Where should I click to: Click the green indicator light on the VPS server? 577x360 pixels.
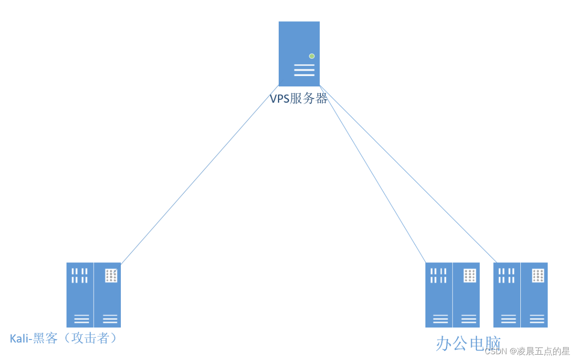pos(312,56)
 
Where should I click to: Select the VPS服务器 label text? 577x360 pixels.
pos(299,98)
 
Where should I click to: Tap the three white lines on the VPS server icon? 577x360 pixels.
pos(304,70)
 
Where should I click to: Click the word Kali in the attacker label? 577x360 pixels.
pos(20,339)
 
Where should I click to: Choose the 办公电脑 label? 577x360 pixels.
pos(468,344)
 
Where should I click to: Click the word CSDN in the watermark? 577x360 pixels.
pos(495,351)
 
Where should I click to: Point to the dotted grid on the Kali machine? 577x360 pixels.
pos(111,276)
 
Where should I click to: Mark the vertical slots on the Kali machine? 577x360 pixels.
pos(80,275)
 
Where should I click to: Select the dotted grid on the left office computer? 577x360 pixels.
pos(470,276)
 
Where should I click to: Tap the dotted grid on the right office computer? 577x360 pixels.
pos(538,276)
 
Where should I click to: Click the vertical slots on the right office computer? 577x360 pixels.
pos(507,275)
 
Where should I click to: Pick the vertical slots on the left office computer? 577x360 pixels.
pos(438,275)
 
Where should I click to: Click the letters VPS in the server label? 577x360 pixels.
pos(279,98)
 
